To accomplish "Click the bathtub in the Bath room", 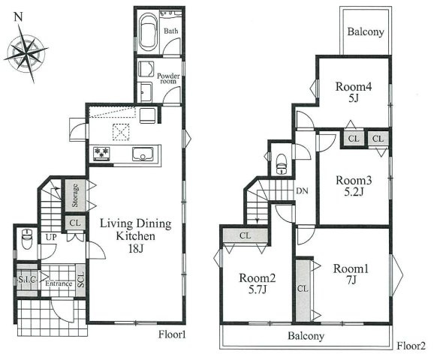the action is point(149,31).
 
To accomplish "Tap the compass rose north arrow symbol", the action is point(26,53).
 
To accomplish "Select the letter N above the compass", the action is point(18,17).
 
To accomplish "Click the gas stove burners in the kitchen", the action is point(101,154).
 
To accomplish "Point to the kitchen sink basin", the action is point(143,154).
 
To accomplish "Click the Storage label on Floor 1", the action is point(75,196).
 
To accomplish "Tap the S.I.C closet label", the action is point(27,280).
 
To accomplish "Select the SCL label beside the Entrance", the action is point(81,280).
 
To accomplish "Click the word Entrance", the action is point(59,283).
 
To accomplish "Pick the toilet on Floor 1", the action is point(27,238).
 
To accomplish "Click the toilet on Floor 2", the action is point(282,164).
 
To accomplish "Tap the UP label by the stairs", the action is point(51,237).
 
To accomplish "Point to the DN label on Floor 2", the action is point(302,190).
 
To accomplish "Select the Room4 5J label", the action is point(354,92).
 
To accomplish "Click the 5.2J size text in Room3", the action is point(354,191).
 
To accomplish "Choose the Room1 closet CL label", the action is point(303,289).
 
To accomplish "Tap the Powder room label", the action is point(168,78).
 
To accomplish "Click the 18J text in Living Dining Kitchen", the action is point(136,249).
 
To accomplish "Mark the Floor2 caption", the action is point(411,346).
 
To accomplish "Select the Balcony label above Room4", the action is point(366,31).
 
